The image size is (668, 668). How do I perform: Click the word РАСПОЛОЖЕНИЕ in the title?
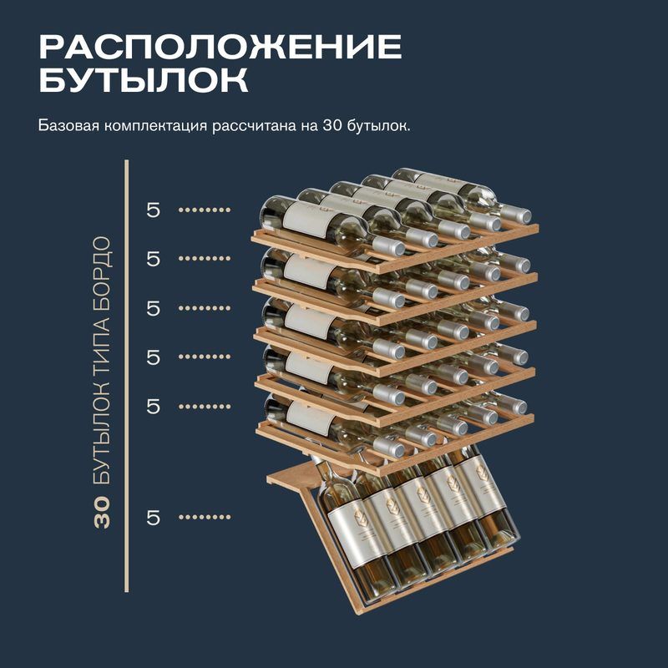(220, 47)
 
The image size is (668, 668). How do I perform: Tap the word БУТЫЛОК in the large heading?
(144, 79)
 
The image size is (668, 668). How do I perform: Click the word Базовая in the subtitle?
(68, 126)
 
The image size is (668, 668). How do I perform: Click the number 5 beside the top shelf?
(153, 210)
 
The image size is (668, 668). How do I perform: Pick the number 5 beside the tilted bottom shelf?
(153, 518)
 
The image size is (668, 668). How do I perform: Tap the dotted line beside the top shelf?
(205, 210)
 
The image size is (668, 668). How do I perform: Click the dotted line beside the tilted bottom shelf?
(205, 517)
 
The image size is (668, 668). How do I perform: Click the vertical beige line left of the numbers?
(127, 376)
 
